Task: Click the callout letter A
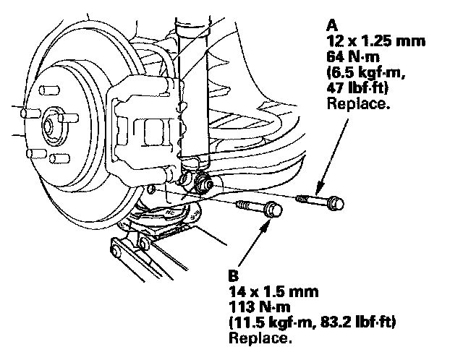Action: [332, 26]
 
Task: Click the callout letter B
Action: [233, 276]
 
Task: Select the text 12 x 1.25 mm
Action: [375, 41]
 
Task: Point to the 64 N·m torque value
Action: [353, 56]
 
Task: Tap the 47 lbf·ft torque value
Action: [357, 88]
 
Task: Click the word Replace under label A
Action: [359, 103]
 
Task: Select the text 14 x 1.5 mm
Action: [273, 292]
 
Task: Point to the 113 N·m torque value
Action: [260, 307]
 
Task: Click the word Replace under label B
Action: [260, 338]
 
